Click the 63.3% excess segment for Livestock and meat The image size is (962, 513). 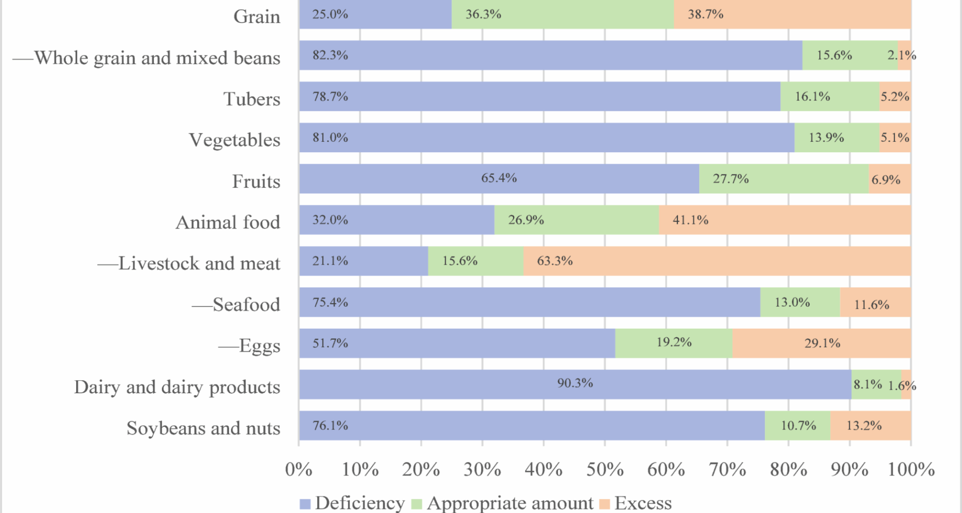point(716,261)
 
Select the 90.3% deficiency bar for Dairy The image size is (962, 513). point(575,384)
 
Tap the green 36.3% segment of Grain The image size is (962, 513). point(562,15)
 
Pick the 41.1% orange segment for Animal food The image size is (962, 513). point(785,220)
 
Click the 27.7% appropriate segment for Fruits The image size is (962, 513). point(783,179)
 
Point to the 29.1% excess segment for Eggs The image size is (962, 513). point(822,344)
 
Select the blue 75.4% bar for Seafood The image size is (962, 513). point(529,303)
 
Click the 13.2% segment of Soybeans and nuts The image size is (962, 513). point(870,426)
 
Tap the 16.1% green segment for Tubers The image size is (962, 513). point(830,97)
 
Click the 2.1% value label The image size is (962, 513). point(901,55)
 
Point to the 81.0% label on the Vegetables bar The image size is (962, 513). point(330,138)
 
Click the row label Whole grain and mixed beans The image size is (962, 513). point(146,58)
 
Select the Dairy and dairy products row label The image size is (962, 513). point(177,387)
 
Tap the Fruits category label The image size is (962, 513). point(256,181)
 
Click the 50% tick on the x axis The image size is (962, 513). point(605,469)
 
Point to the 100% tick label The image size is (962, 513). point(910,469)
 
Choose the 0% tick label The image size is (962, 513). point(299,469)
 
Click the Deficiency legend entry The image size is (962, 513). point(352,503)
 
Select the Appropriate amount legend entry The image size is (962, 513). point(503,503)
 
